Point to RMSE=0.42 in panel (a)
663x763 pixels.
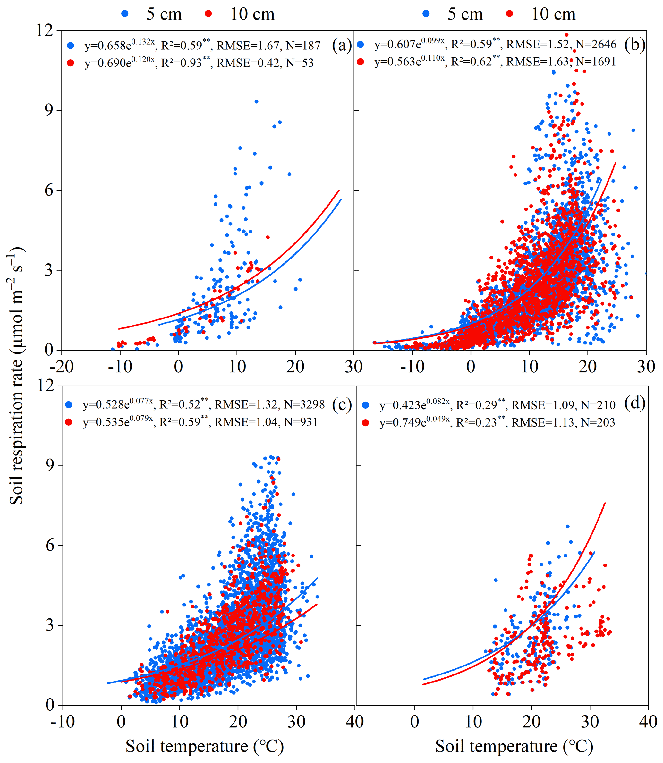tap(248, 63)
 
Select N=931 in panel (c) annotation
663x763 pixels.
tap(301, 422)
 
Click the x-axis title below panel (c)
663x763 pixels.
tap(205, 746)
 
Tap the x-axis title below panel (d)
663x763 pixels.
tap(514, 746)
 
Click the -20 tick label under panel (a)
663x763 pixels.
tap(61, 367)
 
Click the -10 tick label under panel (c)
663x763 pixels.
tap(63, 722)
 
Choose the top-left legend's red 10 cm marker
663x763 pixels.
tap(208, 14)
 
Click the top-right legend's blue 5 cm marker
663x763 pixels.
tap(426, 14)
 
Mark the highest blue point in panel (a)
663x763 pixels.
tap(256, 101)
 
